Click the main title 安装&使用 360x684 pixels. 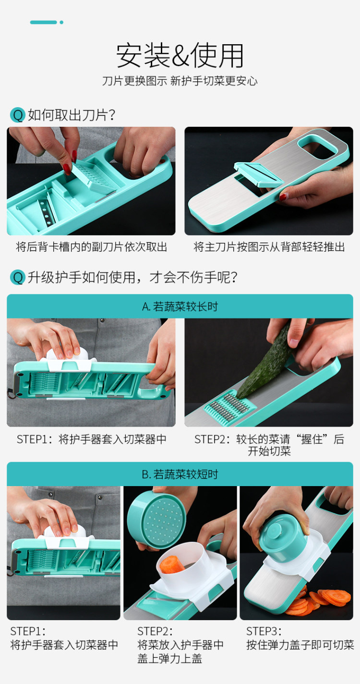point(180,56)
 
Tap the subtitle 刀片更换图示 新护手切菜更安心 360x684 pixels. point(180,81)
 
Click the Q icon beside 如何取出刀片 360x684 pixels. point(18,115)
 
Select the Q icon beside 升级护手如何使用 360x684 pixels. point(18,278)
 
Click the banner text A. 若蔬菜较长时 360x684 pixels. point(180,306)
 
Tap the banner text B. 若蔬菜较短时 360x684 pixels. point(180,474)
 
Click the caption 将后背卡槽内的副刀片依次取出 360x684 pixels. point(91,247)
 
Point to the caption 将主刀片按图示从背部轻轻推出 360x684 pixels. point(269,247)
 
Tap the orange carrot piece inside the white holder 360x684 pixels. point(172,564)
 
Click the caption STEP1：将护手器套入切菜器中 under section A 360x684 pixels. point(92,439)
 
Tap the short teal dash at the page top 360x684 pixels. point(43,22)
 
